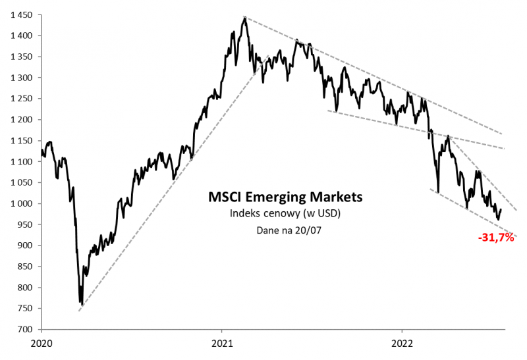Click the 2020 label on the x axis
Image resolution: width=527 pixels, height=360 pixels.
[x=42, y=343]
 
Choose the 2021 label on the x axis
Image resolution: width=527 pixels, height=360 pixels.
[x=222, y=343]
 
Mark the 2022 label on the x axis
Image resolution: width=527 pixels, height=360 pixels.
[x=402, y=343]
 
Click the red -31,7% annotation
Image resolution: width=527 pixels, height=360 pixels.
[x=496, y=237]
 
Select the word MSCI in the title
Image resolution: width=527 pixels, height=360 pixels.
[x=223, y=197]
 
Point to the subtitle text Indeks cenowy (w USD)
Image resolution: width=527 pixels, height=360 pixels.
[x=285, y=213]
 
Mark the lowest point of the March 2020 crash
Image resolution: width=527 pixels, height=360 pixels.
[x=81, y=305]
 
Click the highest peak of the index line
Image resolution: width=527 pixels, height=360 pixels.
[x=244, y=18]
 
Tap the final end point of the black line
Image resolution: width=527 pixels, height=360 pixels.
[x=501, y=209]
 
